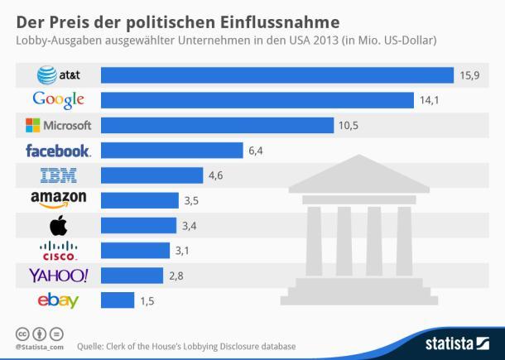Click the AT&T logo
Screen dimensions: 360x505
[x=57, y=75]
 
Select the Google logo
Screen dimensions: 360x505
[x=58, y=101]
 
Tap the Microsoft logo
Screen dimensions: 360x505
[x=58, y=126]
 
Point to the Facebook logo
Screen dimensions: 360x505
[x=58, y=151]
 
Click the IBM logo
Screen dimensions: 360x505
[x=58, y=175]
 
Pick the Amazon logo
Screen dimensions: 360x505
[x=58, y=200]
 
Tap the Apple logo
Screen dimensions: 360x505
[x=58, y=225]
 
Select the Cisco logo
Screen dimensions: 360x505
[x=58, y=250]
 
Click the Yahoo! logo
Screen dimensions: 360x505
[x=58, y=275]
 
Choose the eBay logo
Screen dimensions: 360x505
[x=58, y=300]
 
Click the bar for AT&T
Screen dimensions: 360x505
[x=277, y=75]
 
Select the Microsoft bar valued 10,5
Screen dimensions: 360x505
[x=218, y=126]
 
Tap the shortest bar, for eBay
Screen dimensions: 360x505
[x=117, y=300]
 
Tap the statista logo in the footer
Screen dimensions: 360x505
[x=457, y=342]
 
